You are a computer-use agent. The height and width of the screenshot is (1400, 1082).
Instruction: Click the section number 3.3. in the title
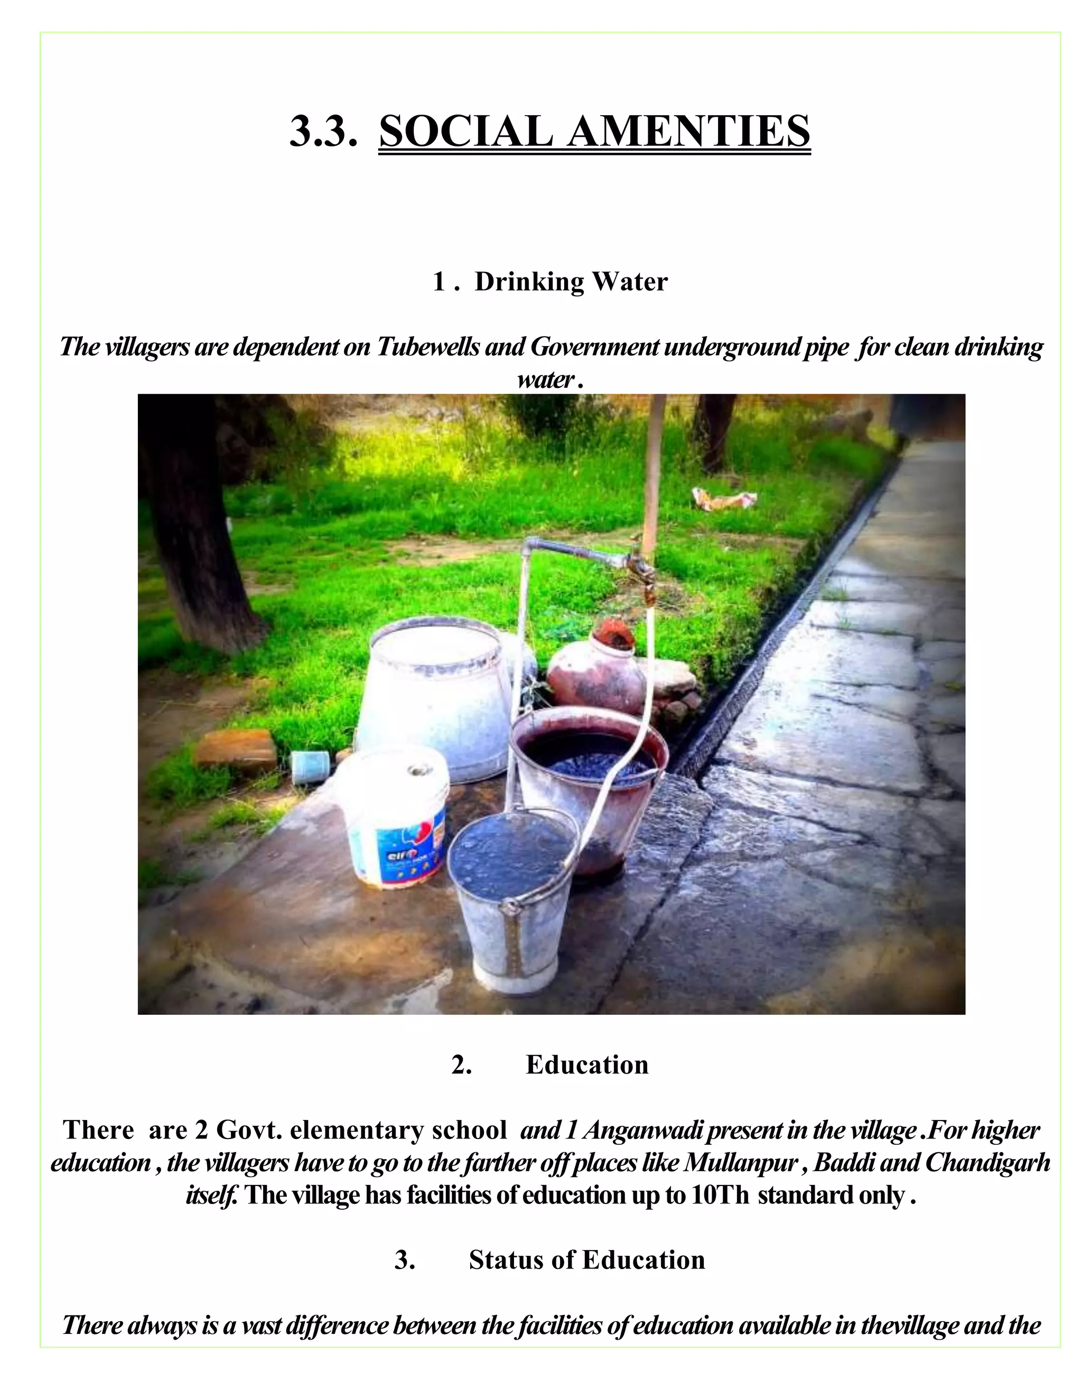click(322, 132)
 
